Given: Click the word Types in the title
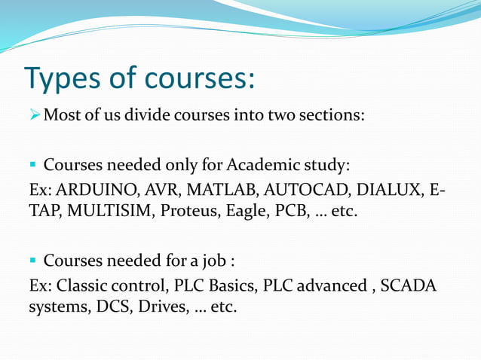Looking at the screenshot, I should point(66,78).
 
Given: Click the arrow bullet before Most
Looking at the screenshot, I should point(35,117).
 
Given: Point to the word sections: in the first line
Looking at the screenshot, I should point(327,117).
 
